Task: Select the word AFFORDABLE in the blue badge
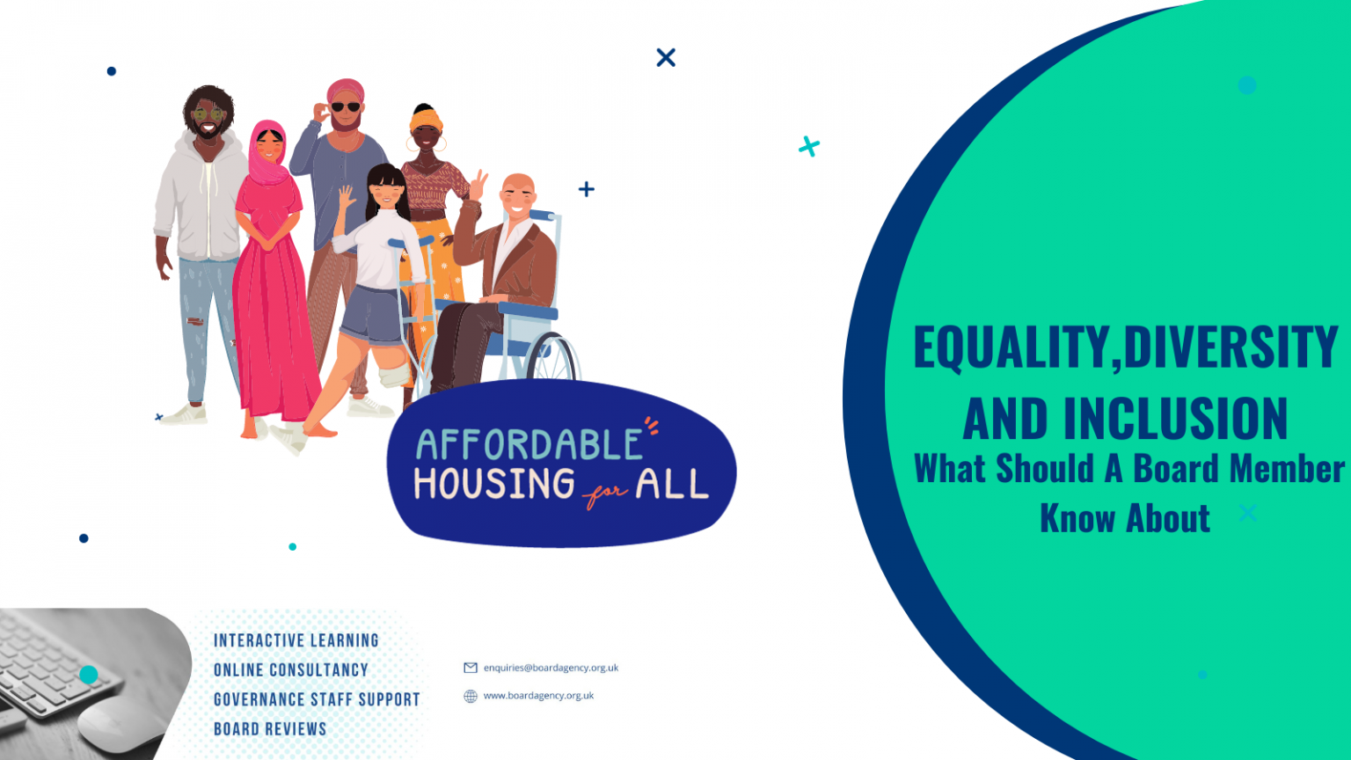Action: [529, 445]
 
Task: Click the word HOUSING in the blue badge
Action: [494, 485]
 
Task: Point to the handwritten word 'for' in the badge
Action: [605, 494]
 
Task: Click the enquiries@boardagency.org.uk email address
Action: [551, 668]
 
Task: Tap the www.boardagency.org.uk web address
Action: [538, 696]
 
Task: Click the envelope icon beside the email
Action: [471, 668]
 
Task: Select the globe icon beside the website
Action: [471, 697]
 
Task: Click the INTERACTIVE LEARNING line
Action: [296, 640]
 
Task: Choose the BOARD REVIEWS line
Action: [270, 729]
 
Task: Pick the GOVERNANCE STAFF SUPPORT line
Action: [317, 699]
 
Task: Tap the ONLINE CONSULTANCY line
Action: [290, 670]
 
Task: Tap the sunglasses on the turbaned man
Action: [345, 107]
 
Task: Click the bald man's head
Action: [518, 192]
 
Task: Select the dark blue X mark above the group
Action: [666, 58]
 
